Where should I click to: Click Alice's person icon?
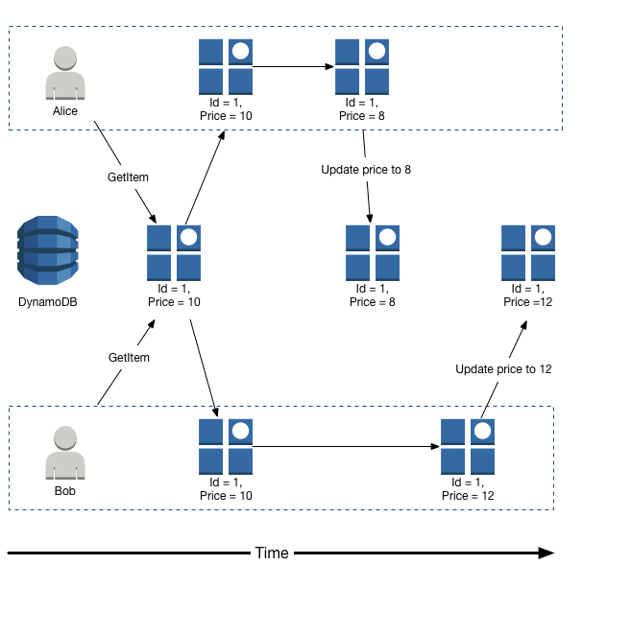click(x=65, y=74)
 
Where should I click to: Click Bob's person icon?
click(x=65, y=453)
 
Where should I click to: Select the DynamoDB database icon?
click(x=47, y=251)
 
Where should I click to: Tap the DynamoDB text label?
click(x=47, y=302)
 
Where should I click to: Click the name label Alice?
click(x=65, y=110)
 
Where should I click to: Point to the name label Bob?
click(x=65, y=490)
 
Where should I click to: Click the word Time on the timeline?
click(x=272, y=554)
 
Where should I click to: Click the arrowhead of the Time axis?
click(x=546, y=554)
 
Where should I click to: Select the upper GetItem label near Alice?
click(x=129, y=177)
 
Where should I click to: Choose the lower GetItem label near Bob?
click(x=129, y=357)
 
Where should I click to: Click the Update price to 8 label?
click(x=366, y=170)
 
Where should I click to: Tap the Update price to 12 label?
click(x=503, y=368)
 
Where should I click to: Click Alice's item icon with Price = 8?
click(x=361, y=65)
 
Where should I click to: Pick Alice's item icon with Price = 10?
click(x=226, y=65)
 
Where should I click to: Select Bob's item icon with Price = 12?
click(x=468, y=446)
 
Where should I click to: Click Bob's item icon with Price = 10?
click(x=226, y=446)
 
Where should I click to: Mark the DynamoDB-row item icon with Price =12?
click(x=528, y=252)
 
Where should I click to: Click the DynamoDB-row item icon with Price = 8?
click(x=372, y=252)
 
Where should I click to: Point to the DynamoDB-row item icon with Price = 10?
click(x=174, y=252)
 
